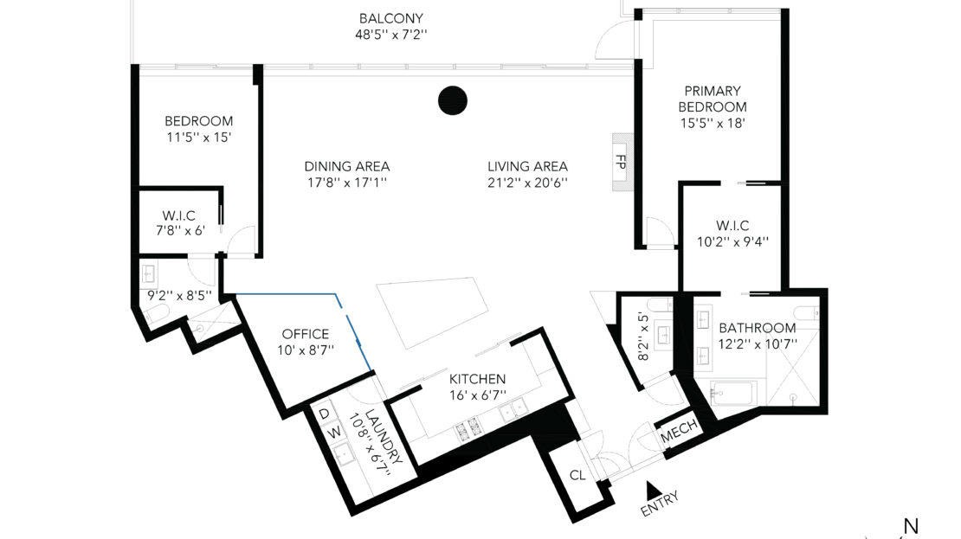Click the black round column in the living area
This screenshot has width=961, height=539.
453,100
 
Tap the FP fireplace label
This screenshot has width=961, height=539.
621,162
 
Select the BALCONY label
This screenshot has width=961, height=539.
391,18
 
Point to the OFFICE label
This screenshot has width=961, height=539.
306,334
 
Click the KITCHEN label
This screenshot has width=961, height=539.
477,379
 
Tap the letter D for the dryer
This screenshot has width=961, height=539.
324,414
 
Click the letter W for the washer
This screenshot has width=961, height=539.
334,433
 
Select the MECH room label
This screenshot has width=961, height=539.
679,432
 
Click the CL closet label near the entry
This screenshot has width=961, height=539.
577,475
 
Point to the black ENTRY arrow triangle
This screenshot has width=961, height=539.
653,490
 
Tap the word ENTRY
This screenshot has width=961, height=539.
660,504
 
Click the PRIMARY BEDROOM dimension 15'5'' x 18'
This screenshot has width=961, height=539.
713,123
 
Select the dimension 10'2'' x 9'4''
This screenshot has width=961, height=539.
732,242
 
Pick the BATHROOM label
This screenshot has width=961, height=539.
758,328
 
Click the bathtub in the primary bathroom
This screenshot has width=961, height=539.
732,394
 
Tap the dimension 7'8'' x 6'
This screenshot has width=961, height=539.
180,231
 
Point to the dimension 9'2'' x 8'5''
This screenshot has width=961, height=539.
179,295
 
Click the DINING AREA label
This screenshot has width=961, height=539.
347,166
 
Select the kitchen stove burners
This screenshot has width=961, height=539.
467,427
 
